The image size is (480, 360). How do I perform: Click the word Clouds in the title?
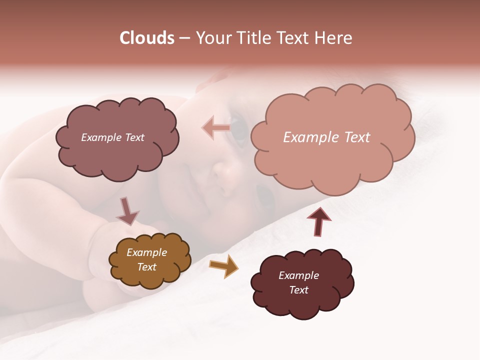[x=146, y=38]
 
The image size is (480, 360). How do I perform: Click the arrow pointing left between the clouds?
[x=216, y=128]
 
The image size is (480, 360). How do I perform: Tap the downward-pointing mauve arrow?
[x=127, y=211]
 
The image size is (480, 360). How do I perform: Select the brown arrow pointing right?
[x=223, y=266]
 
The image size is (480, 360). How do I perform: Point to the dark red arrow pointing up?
[x=318, y=221]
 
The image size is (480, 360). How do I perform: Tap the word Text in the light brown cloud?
[x=146, y=267]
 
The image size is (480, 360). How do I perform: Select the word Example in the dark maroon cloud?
[x=298, y=275]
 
